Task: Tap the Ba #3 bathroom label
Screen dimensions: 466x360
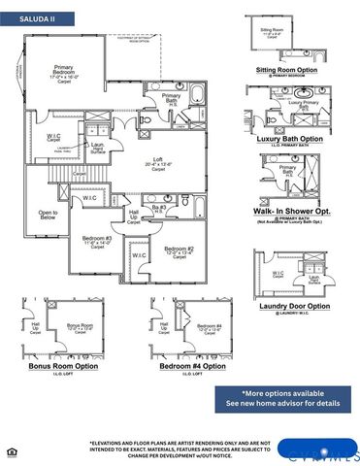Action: pyautogui.click(x=159, y=208)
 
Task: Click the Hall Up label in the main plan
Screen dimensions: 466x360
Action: pyautogui.click(x=134, y=216)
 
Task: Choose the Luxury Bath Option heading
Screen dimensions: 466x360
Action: pyautogui.click(x=289, y=139)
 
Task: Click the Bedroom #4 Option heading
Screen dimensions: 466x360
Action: pyautogui.click(x=183, y=366)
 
